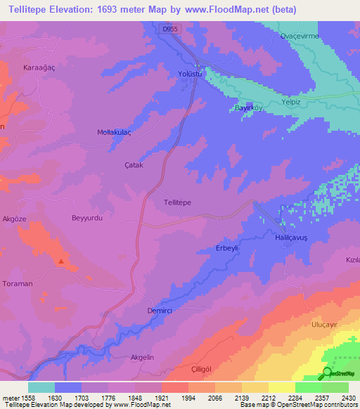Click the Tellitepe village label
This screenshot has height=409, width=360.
pyautogui.click(x=177, y=202)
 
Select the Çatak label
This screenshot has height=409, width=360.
pyautogui.click(x=134, y=165)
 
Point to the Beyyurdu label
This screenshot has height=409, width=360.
pyautogui.click(x=88, y=219)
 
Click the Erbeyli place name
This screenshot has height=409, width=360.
pyautogui.click(x=228, y=249)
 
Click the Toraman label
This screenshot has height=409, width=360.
pyautogui.click(x=18, y=283)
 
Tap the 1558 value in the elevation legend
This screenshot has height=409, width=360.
pyautogui.click(x=23, y=397)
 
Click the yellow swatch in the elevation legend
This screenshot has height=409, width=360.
pyautogui.click(x=281, y=387)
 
